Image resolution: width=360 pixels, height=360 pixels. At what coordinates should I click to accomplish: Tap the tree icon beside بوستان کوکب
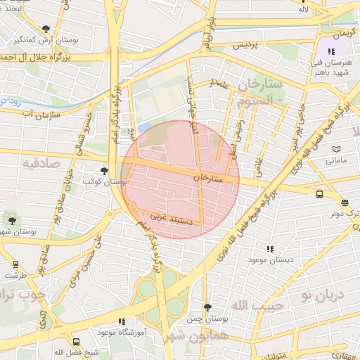[x=104, y=170]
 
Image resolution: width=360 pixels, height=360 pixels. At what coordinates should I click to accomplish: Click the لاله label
[x=303, y=9]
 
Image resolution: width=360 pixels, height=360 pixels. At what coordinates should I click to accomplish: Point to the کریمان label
[x=345, y=34]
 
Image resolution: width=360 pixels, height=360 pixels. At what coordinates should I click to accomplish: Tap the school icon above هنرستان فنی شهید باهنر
[x=331, y=51]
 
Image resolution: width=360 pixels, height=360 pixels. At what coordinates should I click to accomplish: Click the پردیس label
[x=241, y=45]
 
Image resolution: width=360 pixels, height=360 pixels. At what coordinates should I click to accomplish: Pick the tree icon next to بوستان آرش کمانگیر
[x=46, y=29]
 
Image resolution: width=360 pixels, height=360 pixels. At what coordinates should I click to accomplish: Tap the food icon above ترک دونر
[x=344, y=202]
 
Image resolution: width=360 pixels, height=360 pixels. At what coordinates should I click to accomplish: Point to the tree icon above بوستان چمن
[x=207, y=307]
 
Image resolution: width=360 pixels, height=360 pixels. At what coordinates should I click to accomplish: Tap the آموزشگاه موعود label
[x=117, y=331]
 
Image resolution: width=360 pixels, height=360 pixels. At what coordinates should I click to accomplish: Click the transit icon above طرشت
[x=15, y=265]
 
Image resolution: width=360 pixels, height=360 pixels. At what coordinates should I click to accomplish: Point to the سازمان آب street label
[x=39, y=112]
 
